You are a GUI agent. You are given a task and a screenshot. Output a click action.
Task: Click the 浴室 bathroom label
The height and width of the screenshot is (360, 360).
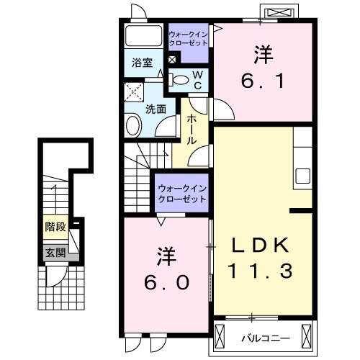[x=142, y=63]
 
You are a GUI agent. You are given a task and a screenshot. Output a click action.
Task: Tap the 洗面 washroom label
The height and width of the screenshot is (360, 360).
[x=156, y=109]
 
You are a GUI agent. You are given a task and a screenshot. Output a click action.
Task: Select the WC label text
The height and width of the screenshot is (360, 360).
[x=197, y=79]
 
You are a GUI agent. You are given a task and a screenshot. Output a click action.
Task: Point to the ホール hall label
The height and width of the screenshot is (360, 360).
[x=192, y=129]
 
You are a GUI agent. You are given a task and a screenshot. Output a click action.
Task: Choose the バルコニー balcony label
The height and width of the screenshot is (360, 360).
[x=266, y=335]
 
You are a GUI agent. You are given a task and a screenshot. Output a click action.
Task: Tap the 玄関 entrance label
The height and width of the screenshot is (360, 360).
[x=55, y=252]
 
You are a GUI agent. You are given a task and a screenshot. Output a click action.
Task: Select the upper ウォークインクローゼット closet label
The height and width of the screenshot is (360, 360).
[x=187, y=38]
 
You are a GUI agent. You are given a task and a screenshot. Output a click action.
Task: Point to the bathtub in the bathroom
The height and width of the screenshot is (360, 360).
[x=144, y=37]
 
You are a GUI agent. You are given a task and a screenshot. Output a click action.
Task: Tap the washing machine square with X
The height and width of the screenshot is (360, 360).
[x=133, y=91]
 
